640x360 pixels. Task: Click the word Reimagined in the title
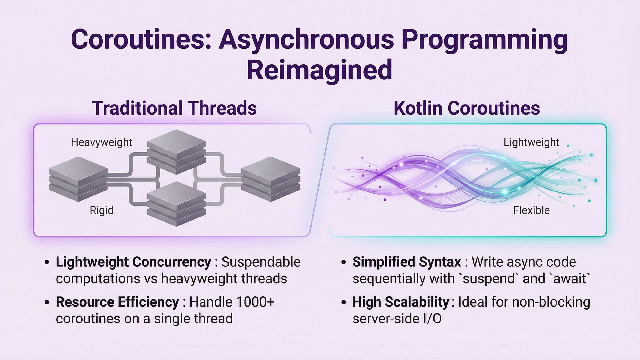coord(319,70)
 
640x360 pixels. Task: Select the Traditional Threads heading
coord(174,108)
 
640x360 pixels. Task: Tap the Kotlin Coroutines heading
coord(466,108)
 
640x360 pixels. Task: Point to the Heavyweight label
coord(101,142)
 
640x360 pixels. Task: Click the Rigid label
coord(101,210)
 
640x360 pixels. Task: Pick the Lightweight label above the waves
coord(531,142)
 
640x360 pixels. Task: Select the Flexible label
coord(531,210)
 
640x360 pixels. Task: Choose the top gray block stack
coord(176,152)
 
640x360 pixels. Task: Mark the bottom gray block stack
coord(176,204)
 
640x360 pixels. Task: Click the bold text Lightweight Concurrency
coord(133,262)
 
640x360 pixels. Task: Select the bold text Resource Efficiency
coord(117,302)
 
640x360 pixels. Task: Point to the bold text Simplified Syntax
coord(407,262)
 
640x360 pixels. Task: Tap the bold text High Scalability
coord(401,302)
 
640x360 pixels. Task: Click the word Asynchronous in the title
coord(306,39)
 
